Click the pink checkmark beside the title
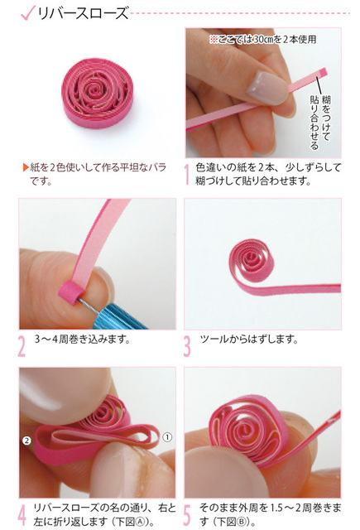click(27, 13)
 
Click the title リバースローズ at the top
click(83, 13)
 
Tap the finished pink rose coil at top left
click(98, 93)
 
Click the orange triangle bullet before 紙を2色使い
click(26, 167)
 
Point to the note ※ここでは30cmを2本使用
click(262, 40)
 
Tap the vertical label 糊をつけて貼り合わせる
click(319, 122)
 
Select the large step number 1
click(187, 175)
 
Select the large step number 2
click(22, 346)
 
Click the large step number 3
click(187, 346)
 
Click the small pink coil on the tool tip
click(70, 292)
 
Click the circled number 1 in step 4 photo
click(167, 437)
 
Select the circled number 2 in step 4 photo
click(26, 441)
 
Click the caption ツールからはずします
click(249, 339)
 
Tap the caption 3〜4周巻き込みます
click(83, 339)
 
